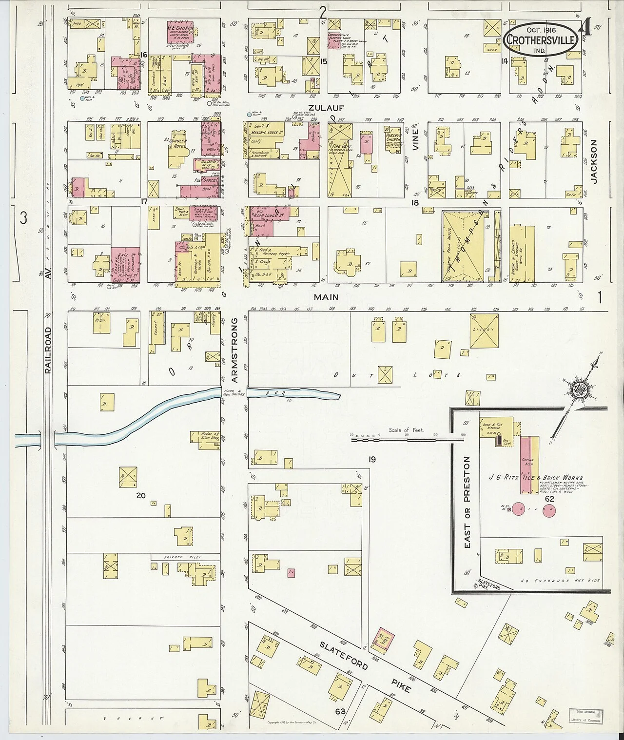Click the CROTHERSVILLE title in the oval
pyautogui.click(x=542, y=39)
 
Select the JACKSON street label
pyautogui.click(x=593, y=161)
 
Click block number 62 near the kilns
pyautogui.click(x=549, y=499)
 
